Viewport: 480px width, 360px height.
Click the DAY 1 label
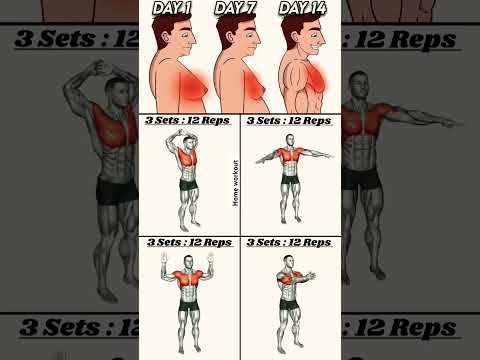pyautogui.click(x=171, y=9)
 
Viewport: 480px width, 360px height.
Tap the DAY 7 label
pyautogui.click(x=237, y=9)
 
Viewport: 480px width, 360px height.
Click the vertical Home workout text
pyautogui.click(x=235, y=181)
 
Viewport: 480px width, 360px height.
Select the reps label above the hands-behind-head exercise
pyautogui.click(x=188, y=120)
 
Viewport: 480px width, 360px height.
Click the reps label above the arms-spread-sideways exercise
pyautogui.click(x=289, y=120)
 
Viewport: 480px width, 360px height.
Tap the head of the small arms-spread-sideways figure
pyautogui.click(x=289, y=141)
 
